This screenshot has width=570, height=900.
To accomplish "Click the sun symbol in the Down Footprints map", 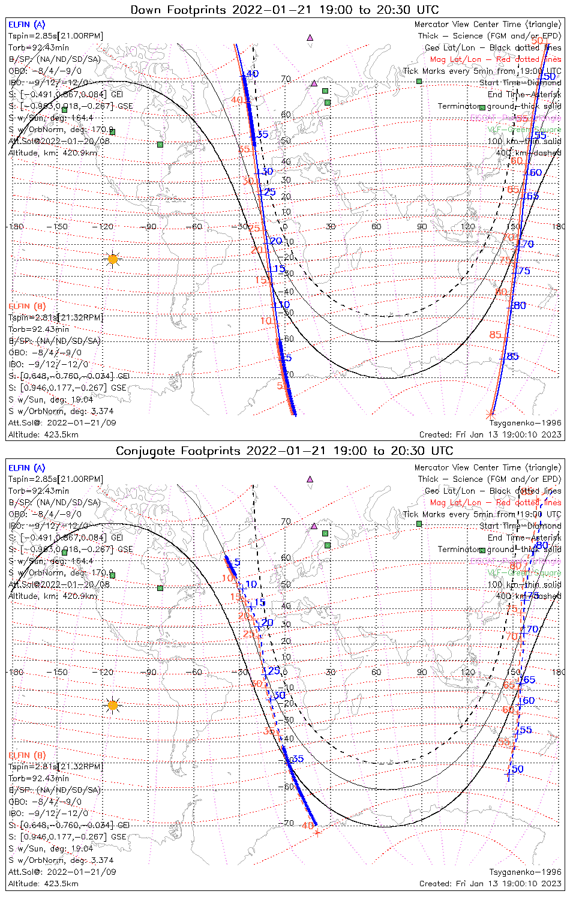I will tap(112, 259).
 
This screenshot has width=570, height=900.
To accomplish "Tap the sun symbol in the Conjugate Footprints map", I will tap(112, 705).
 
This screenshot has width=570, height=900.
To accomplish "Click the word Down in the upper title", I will tap(147, 10).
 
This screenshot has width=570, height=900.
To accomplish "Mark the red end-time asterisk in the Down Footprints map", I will tap(490, 413).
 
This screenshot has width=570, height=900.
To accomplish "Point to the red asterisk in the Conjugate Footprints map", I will tap(317, 832).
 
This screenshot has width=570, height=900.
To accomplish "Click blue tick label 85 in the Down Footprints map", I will tap(512, 357).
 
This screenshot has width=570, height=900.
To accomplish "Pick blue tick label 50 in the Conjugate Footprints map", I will tap(517, 769).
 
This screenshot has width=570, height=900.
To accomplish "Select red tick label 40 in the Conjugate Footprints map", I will tap(307, 826).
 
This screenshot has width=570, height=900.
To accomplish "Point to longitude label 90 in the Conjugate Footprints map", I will tap(422, 672).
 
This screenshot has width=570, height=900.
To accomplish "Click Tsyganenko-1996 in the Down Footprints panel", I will tap(525, 423).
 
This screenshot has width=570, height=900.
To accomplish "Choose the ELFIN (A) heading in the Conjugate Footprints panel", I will tap(26, 468).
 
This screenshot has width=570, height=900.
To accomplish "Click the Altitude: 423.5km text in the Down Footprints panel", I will tap(43, 434).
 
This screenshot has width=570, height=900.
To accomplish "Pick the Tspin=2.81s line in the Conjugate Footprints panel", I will tap(55, 767).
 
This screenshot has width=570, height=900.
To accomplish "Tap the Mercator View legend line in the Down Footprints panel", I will tap(488, 25).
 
